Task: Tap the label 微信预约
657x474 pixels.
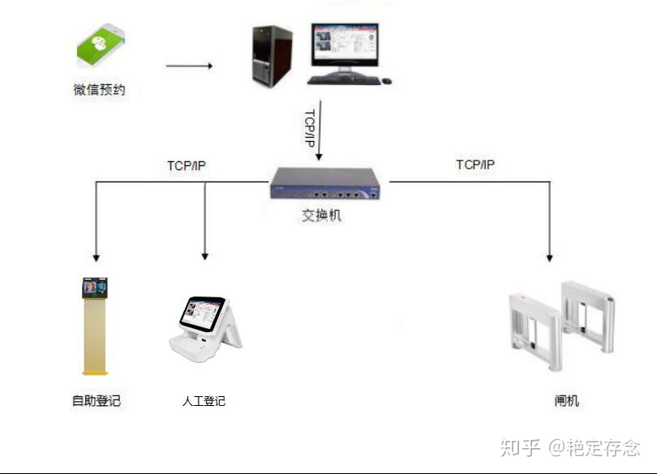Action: pyautogui.click(x=100, y=90)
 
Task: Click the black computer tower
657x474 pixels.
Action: pyautogui.click(x=272, y=57)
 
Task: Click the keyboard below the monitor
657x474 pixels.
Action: pyautogui.click(x=343, y=79)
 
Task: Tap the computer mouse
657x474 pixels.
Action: pyautogui.click(x=386, y=80)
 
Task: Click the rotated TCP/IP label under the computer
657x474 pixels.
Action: pyautogui.click(x=309, y=128)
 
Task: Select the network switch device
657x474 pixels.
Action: pyautogui.click(x=324, y=183)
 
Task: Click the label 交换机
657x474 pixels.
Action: pyautogui.click(x=321, y=216)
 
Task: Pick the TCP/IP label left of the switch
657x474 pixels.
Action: pyautogui.click(x=187, y=165)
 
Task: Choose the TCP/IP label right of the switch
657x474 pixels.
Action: pyautogui.click(x=475, y=164)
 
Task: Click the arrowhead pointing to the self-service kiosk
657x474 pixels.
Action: pyautogui.click(x=96, y=257)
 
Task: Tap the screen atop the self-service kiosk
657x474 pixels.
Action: pyautogui.click(x=95, y=286)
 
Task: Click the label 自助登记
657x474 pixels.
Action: pyautogui.click(x=96, y=400)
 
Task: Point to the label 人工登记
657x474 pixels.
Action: pyautogui.click(x=204, y=401)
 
